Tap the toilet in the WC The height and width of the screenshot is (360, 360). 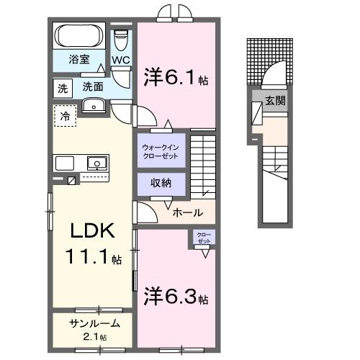tap(121, 37)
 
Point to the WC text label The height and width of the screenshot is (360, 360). tap(120, 60)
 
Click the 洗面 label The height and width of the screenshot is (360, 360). tap(92, 86)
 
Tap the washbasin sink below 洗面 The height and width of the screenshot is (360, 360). tap(94, 107)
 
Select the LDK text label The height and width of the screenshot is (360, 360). tap(90, 232)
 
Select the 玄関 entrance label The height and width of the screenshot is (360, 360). tap(276, 100)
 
